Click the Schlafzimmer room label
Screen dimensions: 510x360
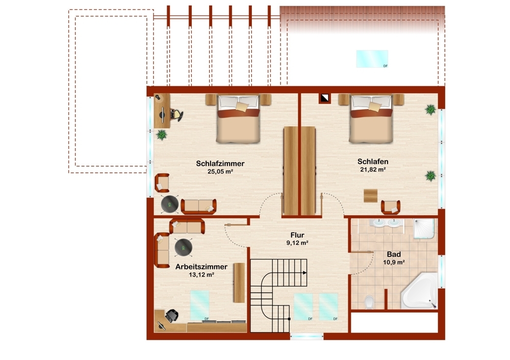coord(220,164)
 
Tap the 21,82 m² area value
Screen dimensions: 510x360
coord(373,169)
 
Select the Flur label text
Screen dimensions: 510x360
coord(297,235)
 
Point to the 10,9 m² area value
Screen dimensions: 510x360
coord(394,263)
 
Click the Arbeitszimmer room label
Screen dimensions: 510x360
coord(201,267)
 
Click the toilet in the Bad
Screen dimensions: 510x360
coord(369,302)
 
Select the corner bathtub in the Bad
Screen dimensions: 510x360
coord(420,291)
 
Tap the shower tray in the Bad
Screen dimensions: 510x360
coord(424,229)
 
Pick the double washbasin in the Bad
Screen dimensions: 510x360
coord(386,223)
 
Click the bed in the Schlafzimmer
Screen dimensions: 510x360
coord(238,119)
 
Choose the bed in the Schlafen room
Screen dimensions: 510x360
coord(371,119)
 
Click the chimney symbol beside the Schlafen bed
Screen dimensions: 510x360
coord(324,98)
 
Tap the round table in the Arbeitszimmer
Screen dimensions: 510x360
coord(183,247)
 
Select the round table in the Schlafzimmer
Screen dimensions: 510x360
coord(170,204)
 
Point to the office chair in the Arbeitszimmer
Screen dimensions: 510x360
coord(172,315)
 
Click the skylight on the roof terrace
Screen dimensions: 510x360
coord(372,59)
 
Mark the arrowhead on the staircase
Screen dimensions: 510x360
coord(305,273)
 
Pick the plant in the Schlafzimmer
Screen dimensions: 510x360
coord(162,134)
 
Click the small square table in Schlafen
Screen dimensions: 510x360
coord(370,195)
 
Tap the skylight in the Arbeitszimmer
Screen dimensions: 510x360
coord(199,305)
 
